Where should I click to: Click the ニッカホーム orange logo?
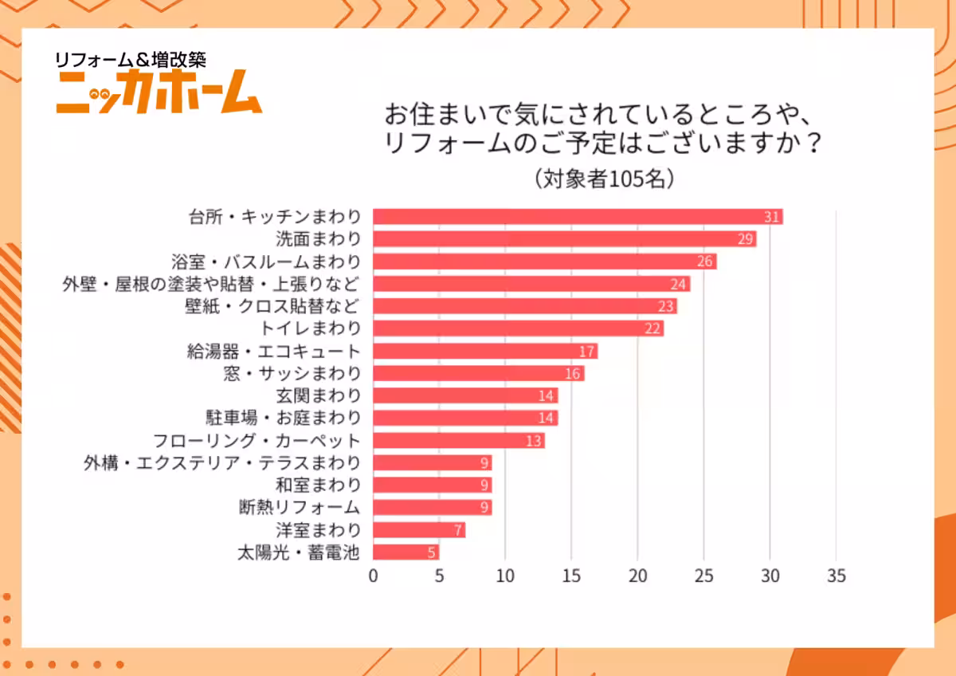(x=158, y=92)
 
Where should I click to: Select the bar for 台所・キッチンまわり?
(x=578, y=217)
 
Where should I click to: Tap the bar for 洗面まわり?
(x=564, y=239)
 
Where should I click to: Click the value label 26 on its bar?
(x=705, y=261)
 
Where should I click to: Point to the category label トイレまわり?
(x=311, y=328)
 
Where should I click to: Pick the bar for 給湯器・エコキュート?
(x=485, y=351)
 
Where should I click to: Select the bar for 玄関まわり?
(x=465, y=395)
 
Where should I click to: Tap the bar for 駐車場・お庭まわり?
(x=465, y=418)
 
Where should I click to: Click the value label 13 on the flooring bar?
(x=534, y=440)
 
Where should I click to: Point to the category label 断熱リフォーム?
(x=299, y=507)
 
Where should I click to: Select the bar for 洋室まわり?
(x=419, y=529)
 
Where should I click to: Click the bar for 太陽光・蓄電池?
(x=406, y=552)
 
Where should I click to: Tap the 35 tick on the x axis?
(x=836, y=576)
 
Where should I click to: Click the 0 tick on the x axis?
(x=373, y=576)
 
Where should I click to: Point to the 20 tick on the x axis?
(x=637, y=576)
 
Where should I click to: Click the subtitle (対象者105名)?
(x=605, y=178)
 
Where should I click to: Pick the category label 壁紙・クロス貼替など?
(x=272, y=306)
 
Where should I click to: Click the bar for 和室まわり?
(x=433, y=485)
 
